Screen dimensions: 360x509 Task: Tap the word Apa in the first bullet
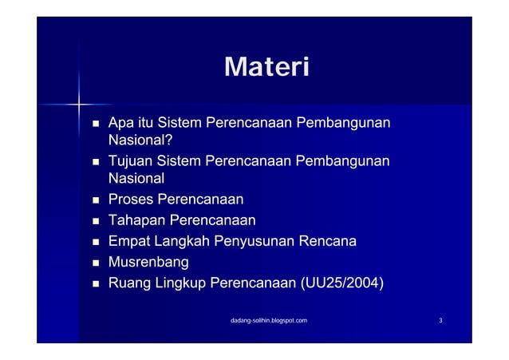tap(120, 124)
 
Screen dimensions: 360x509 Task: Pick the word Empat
tap(128, 241)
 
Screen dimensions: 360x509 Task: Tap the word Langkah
tap(181, 241)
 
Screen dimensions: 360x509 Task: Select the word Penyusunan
tap(254, 241)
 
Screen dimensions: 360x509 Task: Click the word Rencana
tap(328, 241)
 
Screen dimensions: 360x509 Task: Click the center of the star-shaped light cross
tap(80, 103)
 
